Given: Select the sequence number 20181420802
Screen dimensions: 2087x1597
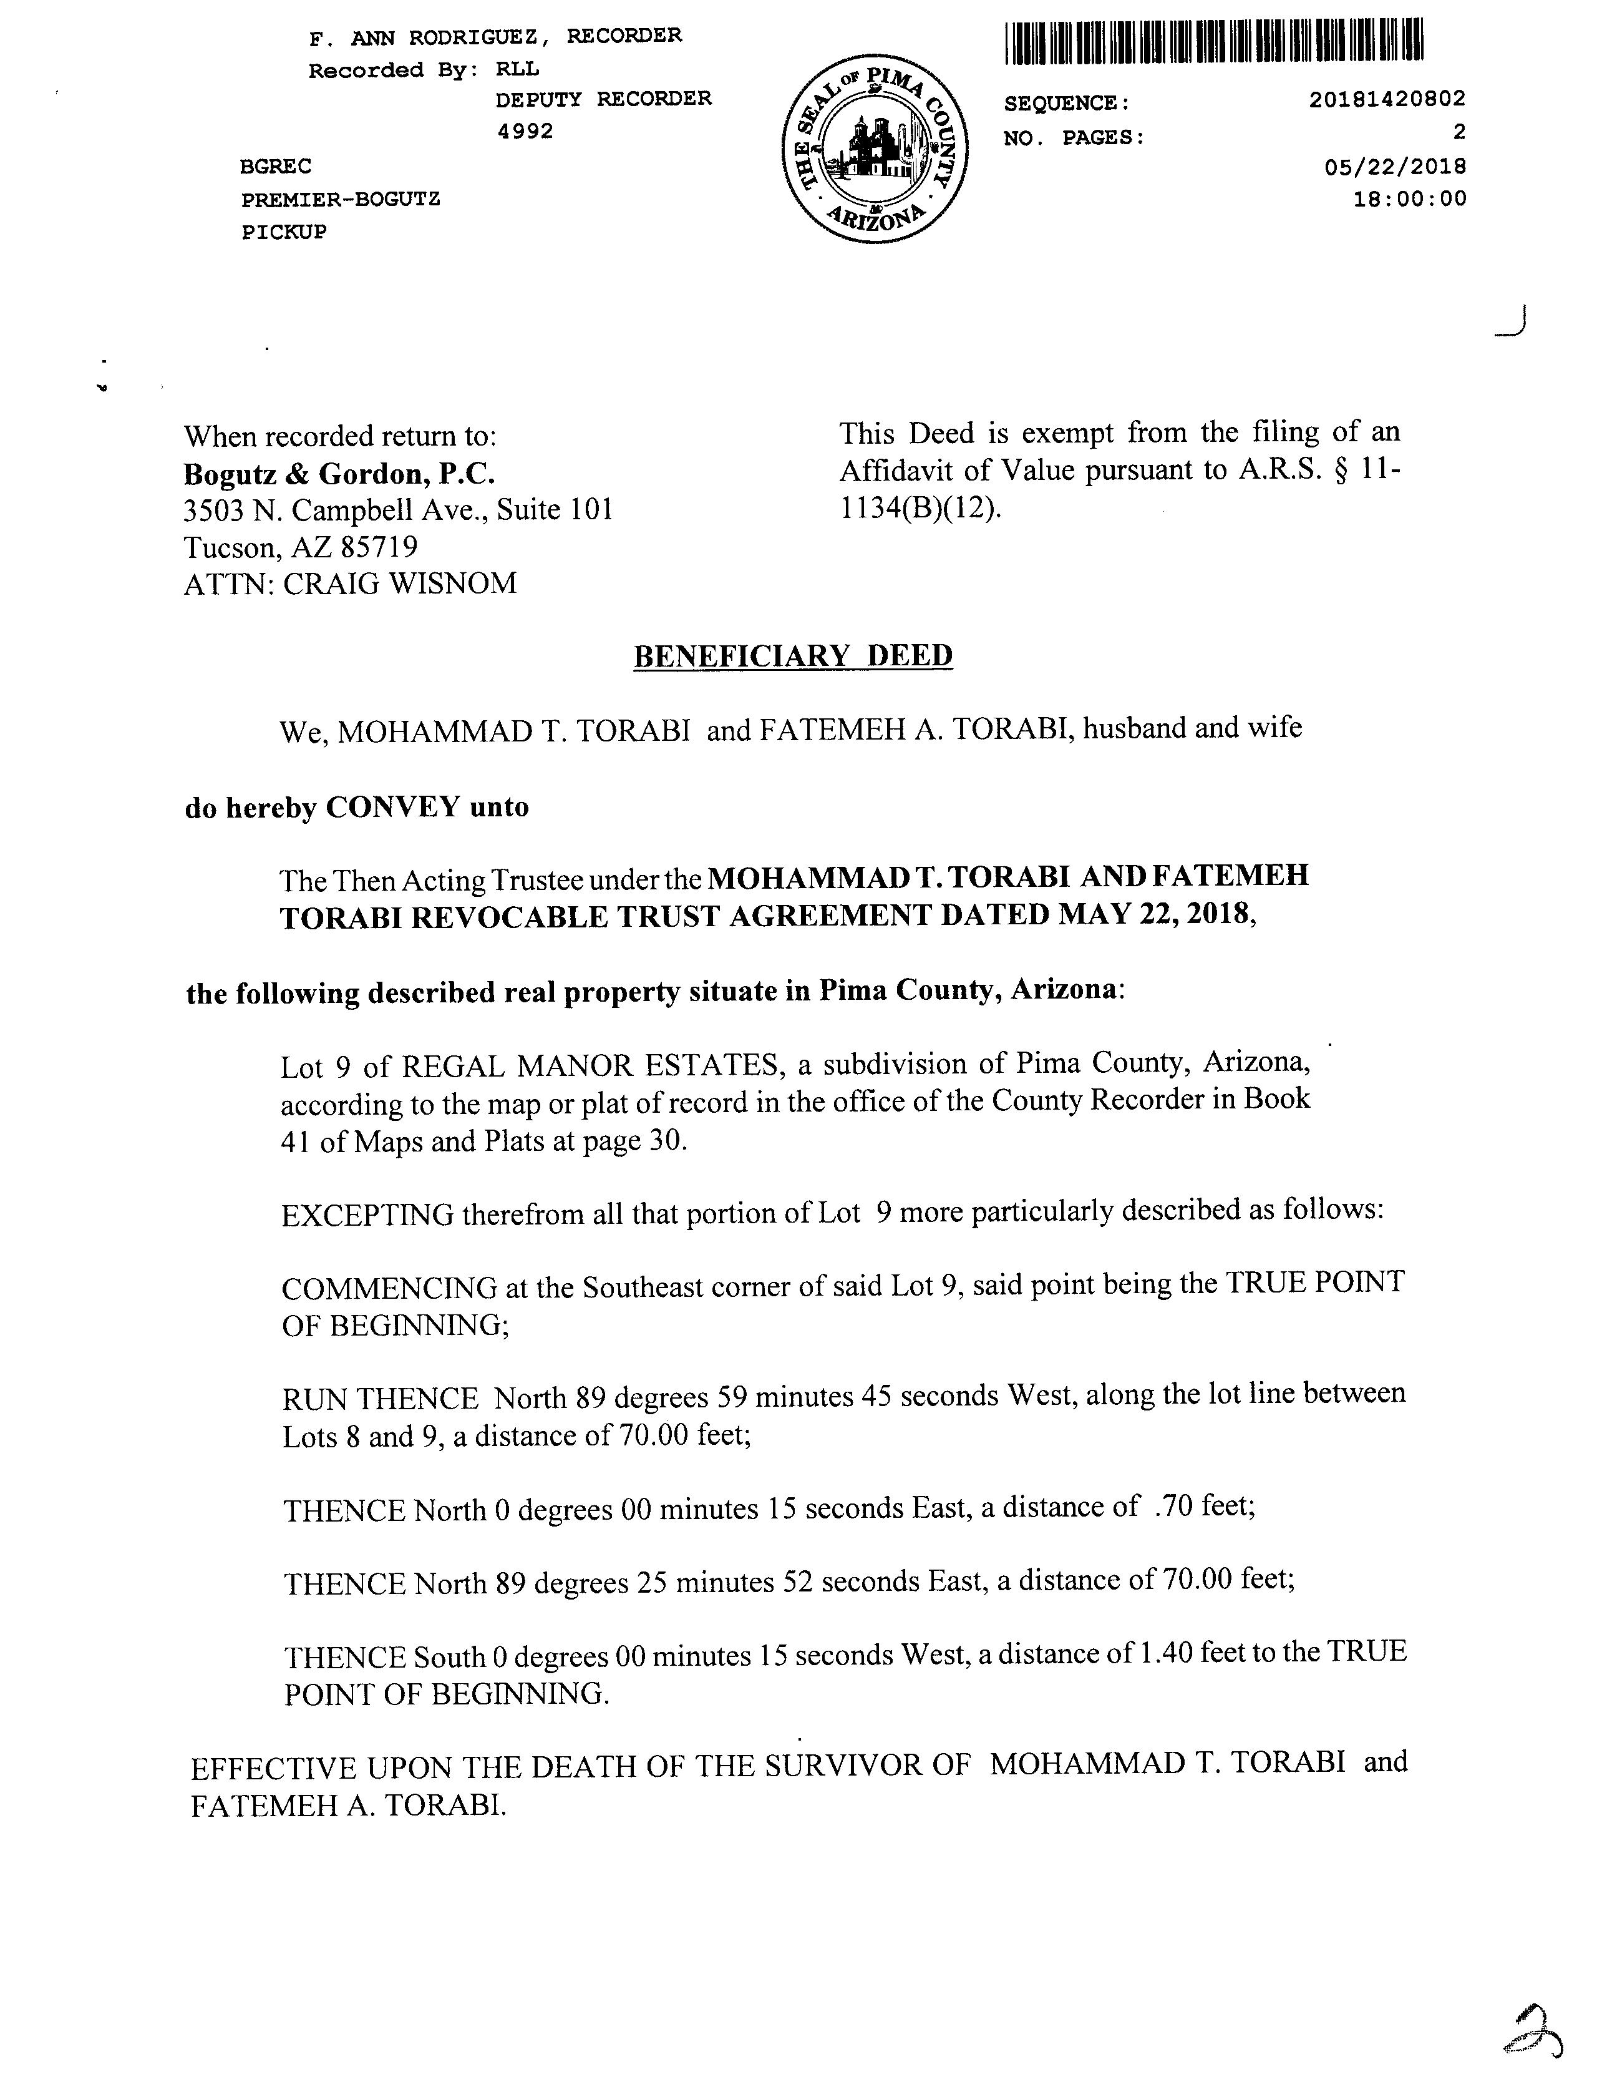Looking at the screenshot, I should pyautogui.click(x=1387, y=99).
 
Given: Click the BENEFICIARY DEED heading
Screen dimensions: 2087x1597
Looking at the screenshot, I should pyautogui.click(x=793, y=656).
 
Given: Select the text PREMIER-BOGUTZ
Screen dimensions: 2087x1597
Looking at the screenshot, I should pyautogui.click(x=341, y=200).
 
